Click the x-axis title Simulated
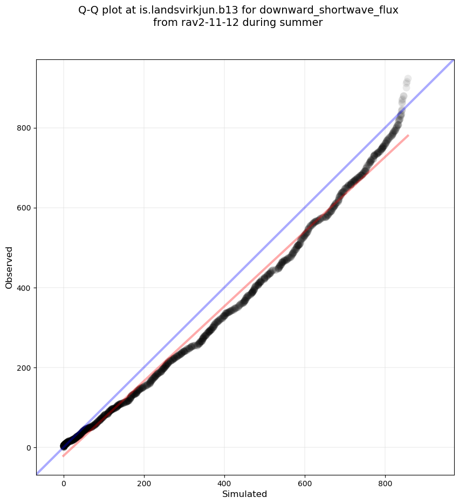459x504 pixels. (245, 494)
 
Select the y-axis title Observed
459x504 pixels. (9, 268)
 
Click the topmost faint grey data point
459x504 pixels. (408, 79)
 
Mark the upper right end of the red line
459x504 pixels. (408, 135)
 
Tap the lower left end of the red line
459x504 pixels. (63, 457)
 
